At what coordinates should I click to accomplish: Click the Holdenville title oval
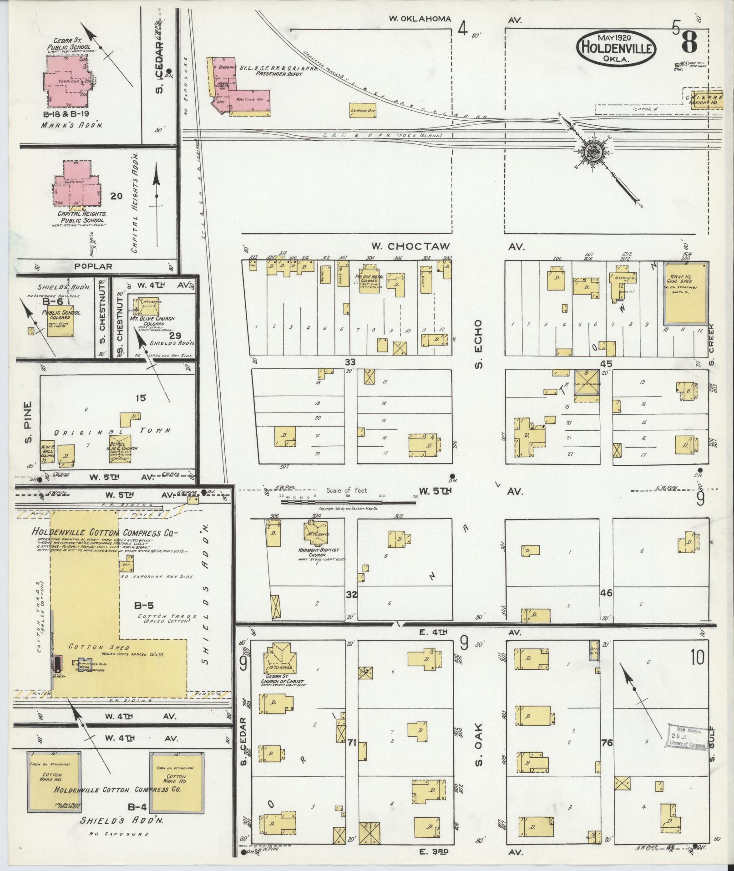tap(617, 48)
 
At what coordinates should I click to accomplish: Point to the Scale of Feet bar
tap(348, 501)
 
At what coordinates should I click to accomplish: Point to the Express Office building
tap(363, 110)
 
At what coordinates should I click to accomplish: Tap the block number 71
tap(351, 743)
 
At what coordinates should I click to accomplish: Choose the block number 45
tap(606, 363)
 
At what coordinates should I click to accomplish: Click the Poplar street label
tap(93, 266)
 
